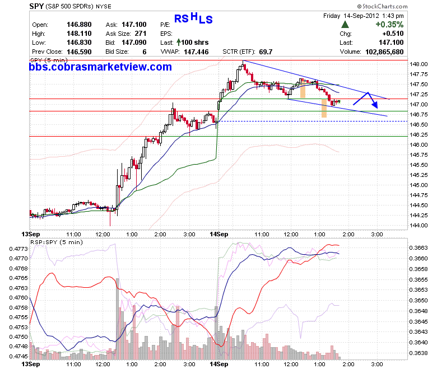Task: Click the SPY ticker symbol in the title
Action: click(36, 6)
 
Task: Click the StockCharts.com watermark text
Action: click(382, 6)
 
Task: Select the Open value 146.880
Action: click(79, 25)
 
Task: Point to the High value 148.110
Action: click(79, 34)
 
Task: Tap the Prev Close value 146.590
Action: click(79, 52)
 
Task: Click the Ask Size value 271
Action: click(141, 34)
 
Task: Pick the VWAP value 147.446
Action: click(196, 52)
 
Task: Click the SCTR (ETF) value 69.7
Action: click(266, 52)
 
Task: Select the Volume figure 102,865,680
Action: click(384, 52)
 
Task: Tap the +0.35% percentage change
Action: click(389, 25)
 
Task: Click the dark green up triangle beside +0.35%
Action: click(345, 25)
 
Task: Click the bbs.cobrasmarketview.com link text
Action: click(100, 67)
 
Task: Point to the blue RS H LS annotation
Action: click(193, 18)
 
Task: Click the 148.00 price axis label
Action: click(419, 64)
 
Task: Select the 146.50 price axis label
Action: click(419, 124)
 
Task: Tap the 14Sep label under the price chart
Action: click(218, 234)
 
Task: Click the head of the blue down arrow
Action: click(375, 105)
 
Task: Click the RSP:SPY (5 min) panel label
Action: click(57, 242)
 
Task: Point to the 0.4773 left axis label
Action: click(18, 249)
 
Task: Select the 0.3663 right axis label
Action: click(419, 248)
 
